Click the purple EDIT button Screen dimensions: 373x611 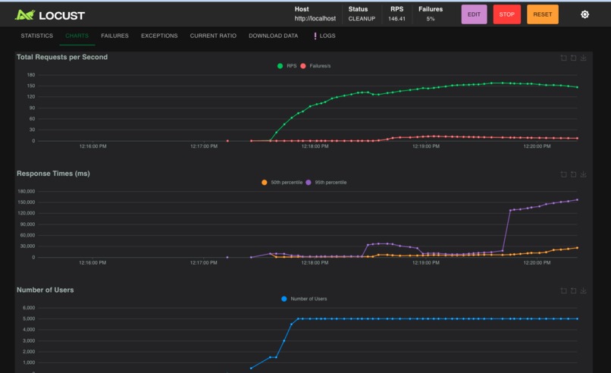tap(474, 14)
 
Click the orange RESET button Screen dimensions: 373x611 tap(542, 14)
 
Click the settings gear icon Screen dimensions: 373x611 tap(584, 14)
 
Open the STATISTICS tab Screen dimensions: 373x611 tap(36, 36)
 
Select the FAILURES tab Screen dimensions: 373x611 tap(114, 36)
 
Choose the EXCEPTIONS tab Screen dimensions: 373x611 tap(159, 36)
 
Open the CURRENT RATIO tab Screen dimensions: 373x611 tap(213, 36)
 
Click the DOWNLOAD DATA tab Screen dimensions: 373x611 tap(273, 36)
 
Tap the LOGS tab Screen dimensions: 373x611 tap(324, 36)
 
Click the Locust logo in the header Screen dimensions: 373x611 tap(50, 14)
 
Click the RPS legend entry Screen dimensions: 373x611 tap(287, 66)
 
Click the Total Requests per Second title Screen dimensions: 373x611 tap(62, 57)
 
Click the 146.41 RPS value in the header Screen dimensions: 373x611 tap(396, 19)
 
